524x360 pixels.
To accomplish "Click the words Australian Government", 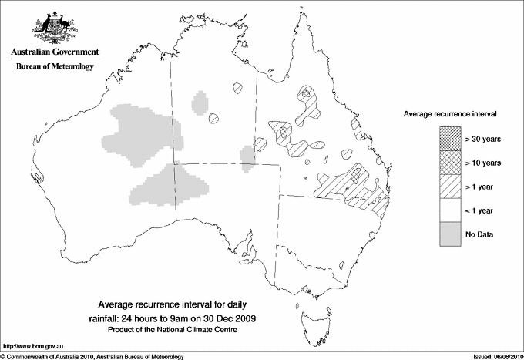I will click(54, 52).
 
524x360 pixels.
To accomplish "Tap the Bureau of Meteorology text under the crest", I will click(54, 67).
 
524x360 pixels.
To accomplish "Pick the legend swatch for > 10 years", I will click(450, 162).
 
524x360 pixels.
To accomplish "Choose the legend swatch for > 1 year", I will click(450, 186).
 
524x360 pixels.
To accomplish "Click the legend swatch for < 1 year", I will click(450, 210).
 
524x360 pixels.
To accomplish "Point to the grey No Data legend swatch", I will click(450, 234).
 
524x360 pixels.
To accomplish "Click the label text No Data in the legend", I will click(479, 234).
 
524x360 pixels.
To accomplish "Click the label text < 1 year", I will click(480, 210).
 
